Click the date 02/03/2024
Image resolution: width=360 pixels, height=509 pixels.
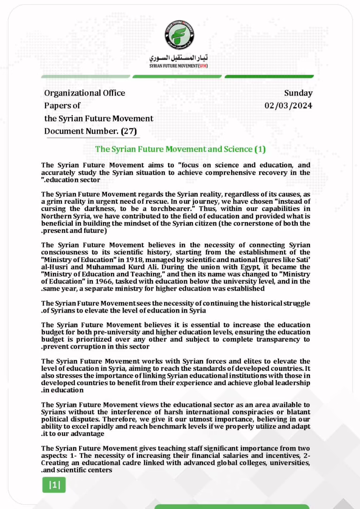coord(288,105)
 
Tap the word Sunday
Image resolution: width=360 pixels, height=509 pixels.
coord(298,93)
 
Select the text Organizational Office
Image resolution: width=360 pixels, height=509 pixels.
coord(84,93)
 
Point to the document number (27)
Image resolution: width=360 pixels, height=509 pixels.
coord(129,131)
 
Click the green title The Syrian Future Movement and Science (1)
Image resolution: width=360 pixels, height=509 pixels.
coord(180,149)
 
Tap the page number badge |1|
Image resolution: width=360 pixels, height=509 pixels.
coord(54,485)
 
